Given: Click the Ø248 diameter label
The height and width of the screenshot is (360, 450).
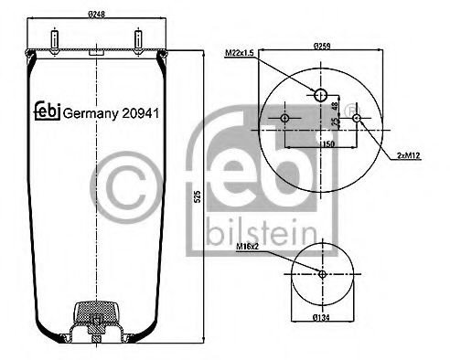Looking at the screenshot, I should tap(99, 15).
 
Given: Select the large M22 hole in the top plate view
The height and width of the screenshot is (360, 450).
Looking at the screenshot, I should tap(320, 95).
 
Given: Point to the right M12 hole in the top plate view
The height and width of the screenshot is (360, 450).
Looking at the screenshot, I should tap(356, 119).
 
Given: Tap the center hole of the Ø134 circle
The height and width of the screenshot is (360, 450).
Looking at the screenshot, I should tap(321, 275).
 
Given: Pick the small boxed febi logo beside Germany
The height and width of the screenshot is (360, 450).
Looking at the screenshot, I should tap(47, 110).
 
